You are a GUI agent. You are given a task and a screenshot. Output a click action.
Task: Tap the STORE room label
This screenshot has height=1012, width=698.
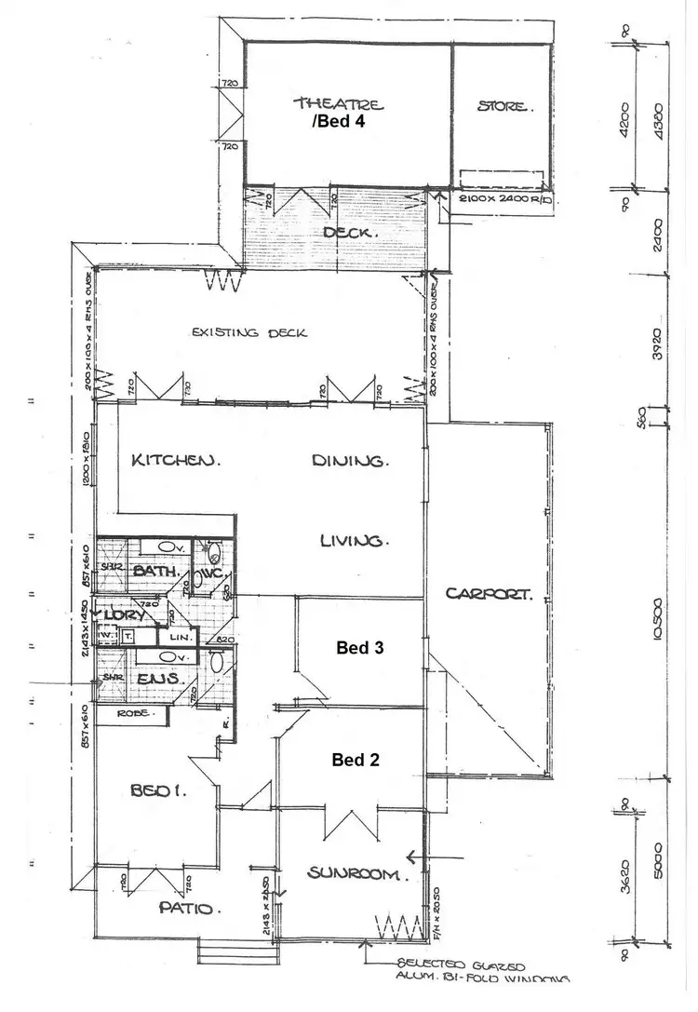pyautogui.click(x=506, y=106)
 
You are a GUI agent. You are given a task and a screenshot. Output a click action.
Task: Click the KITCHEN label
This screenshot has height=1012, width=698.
pyautogui.click(x=175, y=460)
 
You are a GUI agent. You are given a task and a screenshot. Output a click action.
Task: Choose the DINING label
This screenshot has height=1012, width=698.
pyautogui.click(x=349, y=460)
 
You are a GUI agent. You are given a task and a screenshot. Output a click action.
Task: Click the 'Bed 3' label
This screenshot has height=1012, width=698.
pyautogui.click(x=360, y=646)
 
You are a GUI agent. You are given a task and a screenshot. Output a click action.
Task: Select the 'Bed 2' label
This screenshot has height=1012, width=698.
pyautogui.click(x=356, y=759)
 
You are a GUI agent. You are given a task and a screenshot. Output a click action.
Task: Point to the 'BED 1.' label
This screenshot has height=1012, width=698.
pyautogui.click(x=158, y=791)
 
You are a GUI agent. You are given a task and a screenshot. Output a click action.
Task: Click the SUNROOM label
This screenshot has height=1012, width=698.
pyautogui.click(x=357, y=873)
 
